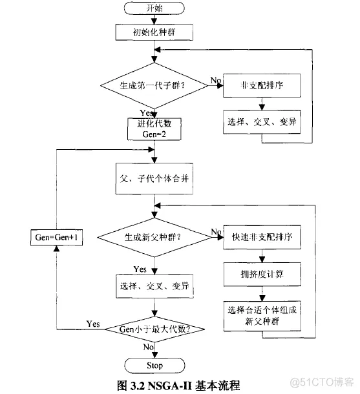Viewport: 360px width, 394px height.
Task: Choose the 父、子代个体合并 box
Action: (x=154, y=176)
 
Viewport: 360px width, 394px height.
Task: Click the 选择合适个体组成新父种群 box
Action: (x=259, y=315)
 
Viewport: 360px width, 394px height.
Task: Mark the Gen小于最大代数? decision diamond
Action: (x=154, y=329)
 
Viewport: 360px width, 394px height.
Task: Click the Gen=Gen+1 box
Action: (x=57, y=237)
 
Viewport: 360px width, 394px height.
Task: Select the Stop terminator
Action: (x=154, y=365)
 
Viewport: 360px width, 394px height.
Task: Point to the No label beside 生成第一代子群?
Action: (x=215, y=80)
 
